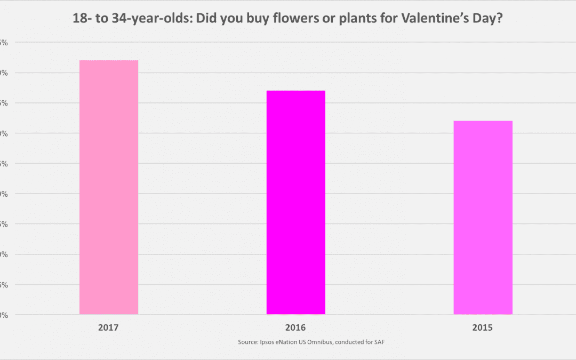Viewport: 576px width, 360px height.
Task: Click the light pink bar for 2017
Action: coord(109,187)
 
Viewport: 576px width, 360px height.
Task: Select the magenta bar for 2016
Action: coord(295,202)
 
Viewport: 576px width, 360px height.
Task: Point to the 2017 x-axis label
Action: coord(108,327)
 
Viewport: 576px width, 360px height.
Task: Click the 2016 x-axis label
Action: coord(295,327)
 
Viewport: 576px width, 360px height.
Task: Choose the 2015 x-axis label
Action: coord(483,327)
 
